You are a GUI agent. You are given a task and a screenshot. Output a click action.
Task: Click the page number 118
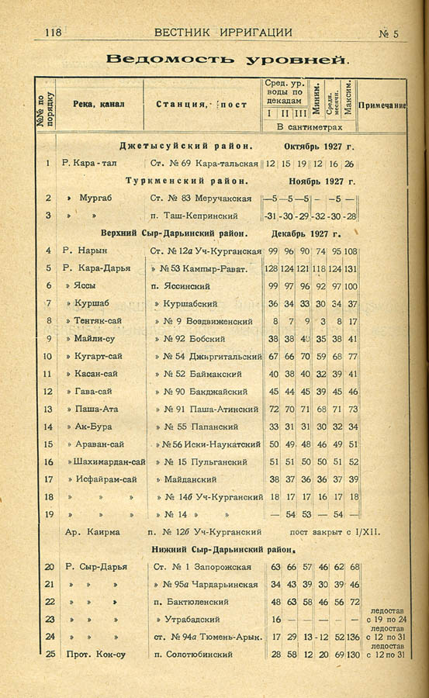pyautogui.click(x=53, y=33)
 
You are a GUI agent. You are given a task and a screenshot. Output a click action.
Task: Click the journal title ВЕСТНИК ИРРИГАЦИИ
pyautogui.click(x=223, y=33)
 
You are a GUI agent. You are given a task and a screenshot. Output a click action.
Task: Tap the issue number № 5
pyautogui.click(x=388, y=33)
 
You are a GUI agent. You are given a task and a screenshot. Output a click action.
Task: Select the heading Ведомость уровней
pyautogui.click(x=227, y=59)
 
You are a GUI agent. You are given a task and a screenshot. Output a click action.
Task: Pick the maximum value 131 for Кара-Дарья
pyautogui.click(x=351, y=268)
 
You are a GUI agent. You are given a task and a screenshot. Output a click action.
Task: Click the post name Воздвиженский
pyautogui.click(x=221, y=321)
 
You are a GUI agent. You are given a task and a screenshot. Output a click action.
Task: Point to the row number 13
pyautogui.click(x=48, y=409)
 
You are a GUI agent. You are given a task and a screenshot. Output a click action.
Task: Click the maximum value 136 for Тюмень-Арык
pyautogui.click(x=353, y=637)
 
